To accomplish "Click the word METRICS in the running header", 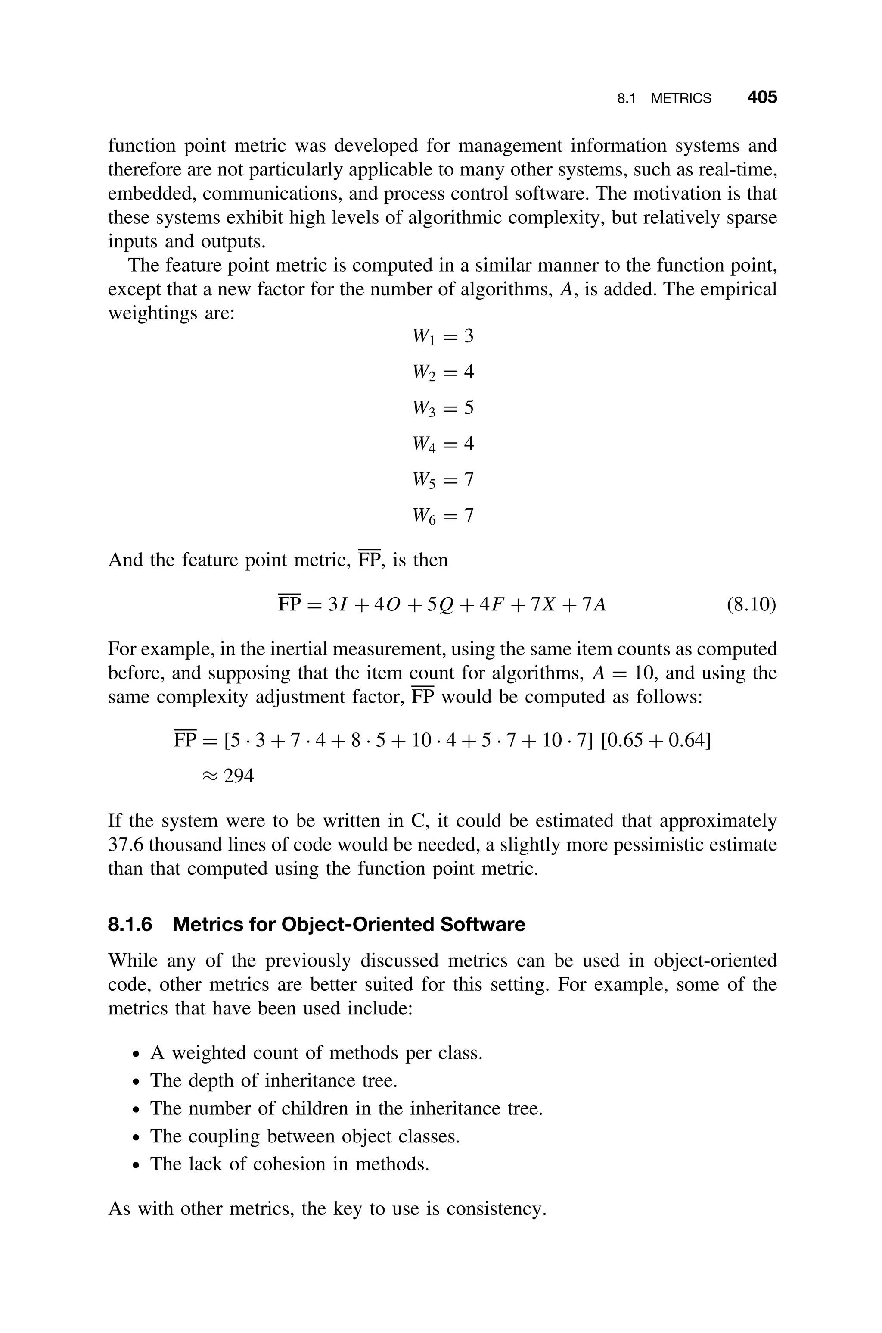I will tap(680, 99).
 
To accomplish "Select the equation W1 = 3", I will tap(443, 337).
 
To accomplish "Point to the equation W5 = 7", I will tap(443, 479).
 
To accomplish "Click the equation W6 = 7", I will tap(443, 516).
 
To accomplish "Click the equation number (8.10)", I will tap(752, 605).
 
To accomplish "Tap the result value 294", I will tap(239, 776).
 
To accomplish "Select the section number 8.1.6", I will tap(130, 925).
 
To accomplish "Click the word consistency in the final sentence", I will tap(495, 1208).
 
